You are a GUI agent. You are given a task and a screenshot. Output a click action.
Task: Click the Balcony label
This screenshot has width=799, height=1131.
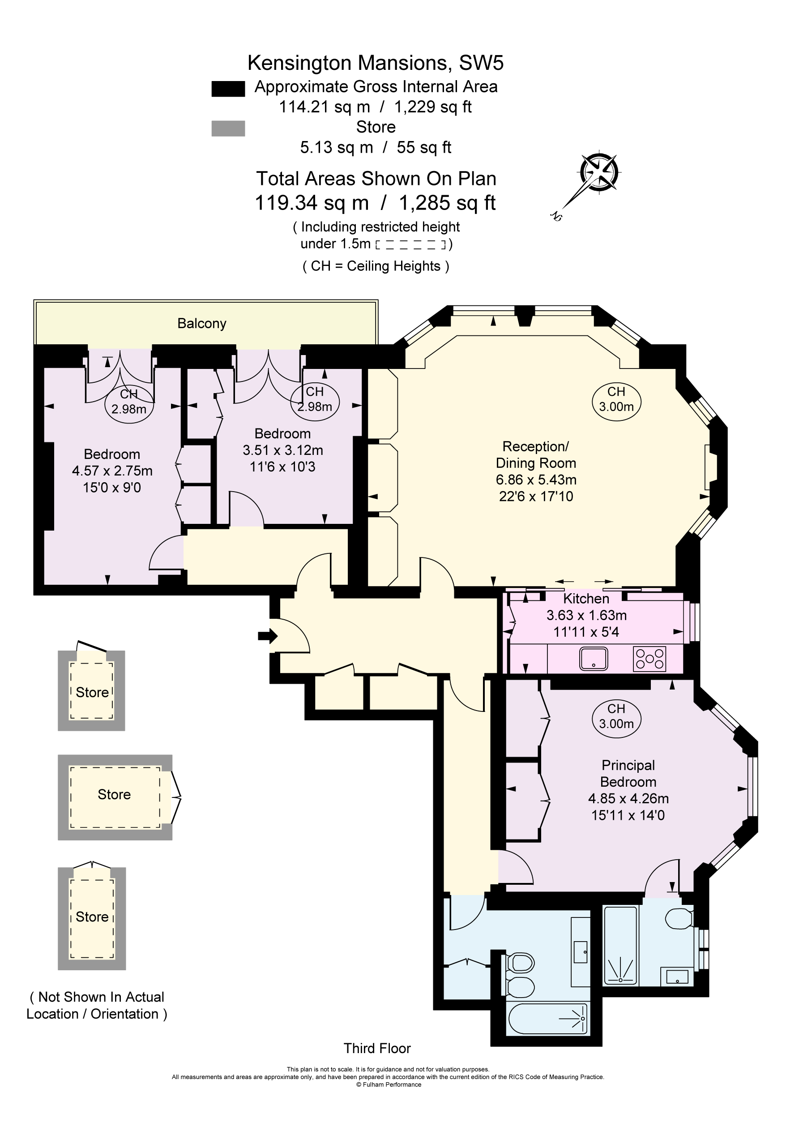[x=201, y=324]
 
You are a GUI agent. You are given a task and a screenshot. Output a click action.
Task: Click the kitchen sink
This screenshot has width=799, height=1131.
[x=594, y=659]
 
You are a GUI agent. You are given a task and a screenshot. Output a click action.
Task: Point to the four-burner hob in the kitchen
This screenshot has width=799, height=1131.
[x=649, y=659]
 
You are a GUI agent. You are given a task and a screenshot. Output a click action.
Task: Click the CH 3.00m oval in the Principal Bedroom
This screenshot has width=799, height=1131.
[x=616, y=716]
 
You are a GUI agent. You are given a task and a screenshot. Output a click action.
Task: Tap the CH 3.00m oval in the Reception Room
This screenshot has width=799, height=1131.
[x=616, y=399]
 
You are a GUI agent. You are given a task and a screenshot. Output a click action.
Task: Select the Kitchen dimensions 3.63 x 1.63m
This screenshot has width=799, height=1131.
[x=586, y=615]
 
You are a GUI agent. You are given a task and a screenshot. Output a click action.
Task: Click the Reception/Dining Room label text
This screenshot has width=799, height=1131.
[x=535, y=454]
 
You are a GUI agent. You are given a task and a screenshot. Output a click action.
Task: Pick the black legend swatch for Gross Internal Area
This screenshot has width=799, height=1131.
[x=228, y=89]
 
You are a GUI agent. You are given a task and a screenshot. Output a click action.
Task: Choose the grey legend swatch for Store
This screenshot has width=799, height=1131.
[x=228, y=129]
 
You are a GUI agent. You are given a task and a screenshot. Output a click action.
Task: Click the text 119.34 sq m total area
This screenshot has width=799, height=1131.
[x=312, y=203]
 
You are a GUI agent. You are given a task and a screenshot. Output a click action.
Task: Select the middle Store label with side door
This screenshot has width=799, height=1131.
[x=114, y=795]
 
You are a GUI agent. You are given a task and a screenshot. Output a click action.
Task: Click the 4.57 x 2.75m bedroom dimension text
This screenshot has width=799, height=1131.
[x=112, y=471]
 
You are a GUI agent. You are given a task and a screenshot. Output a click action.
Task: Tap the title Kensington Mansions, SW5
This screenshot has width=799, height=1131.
[x=376, y=63]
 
